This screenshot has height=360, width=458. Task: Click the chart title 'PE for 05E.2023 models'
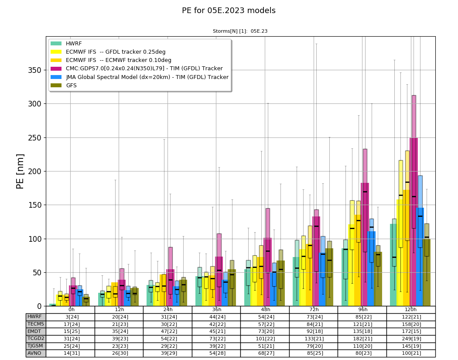pyautogui.click(x=229, y=10)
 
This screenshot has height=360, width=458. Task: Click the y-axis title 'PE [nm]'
pyautogui.click(x=20, y=171)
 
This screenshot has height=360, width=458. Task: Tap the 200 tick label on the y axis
pyautogui.click(x=35, y=171)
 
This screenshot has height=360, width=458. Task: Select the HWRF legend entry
pyautogui.click(x=66, y=44)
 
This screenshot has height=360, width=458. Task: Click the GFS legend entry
pyautogui.click(x=64, y=86)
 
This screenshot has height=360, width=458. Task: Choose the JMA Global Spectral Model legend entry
pyautogui.click(x=140, y=77)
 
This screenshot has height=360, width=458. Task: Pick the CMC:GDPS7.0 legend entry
pyautogui.click(x=137, y=69)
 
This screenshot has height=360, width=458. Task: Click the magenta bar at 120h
pyautogui.click(x=414, y=222)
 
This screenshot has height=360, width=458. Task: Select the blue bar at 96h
pyautogui.click(x=372, y=269)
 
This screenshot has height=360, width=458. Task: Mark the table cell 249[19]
pyautogui.click(x=411, y=339)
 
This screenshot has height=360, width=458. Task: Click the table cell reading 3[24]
pyautogui.click(x=71, y=317)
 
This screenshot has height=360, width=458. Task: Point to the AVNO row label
pyautogui.click(x=34, y=353)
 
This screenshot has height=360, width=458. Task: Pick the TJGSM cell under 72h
pyautogui.click(x=314, y=346)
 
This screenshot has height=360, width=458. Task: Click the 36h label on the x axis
pyautogui.click(x=216, y=310)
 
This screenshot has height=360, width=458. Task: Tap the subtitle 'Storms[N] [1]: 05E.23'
pyautogui.click(x=240, y=31)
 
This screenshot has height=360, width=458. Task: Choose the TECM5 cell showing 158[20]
pyautogui.click(x=411, y=324)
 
